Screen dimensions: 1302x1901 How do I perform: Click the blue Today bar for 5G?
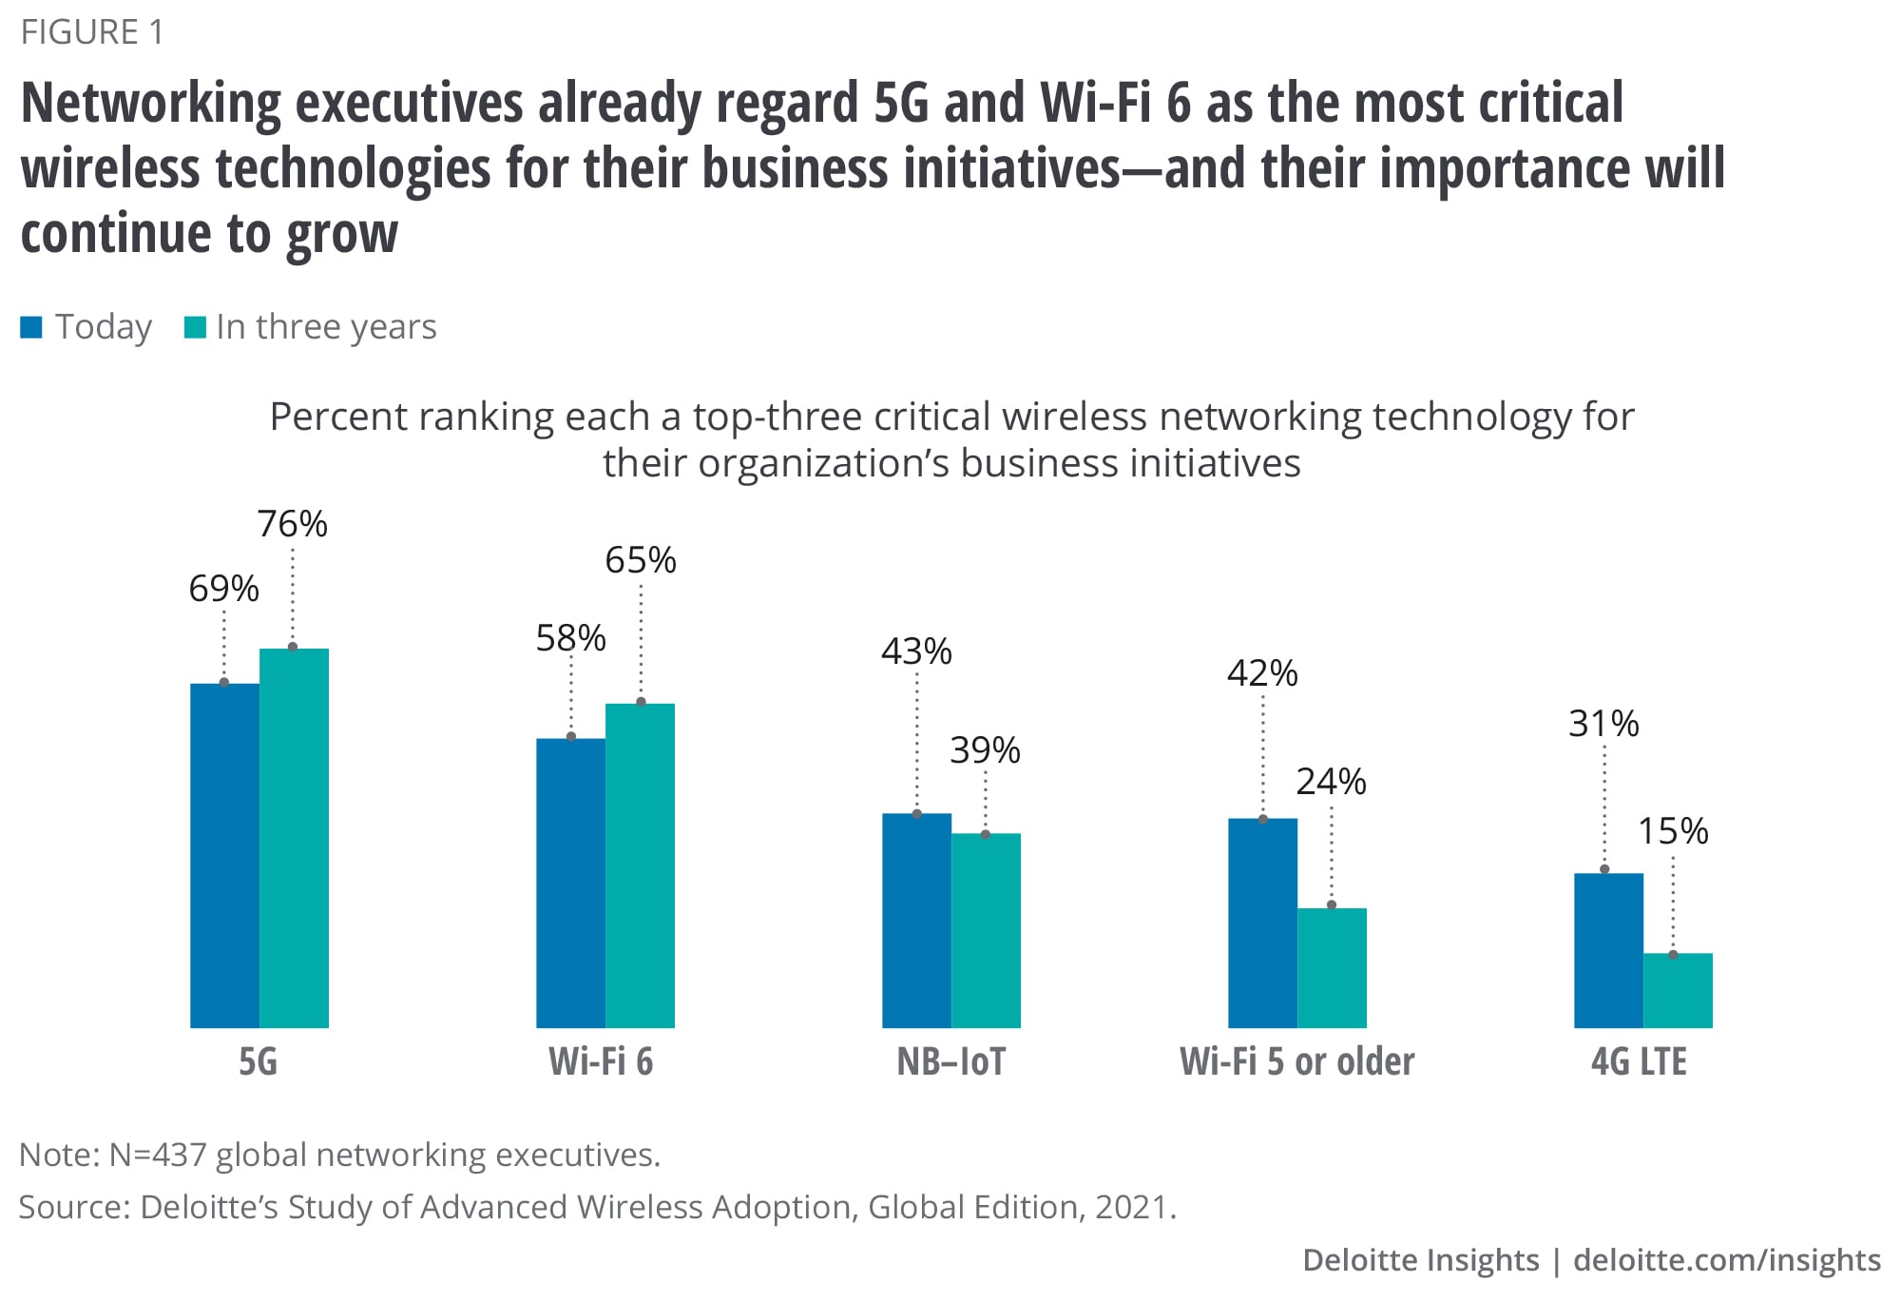[x=224, y=855]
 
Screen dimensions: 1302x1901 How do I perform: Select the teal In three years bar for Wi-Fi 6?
[x=640, y=865]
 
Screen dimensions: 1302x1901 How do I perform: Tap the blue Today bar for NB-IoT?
[x=916, y=920]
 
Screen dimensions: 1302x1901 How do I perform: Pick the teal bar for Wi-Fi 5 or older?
[x=1332, y=967]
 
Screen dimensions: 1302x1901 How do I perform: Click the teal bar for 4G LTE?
[x=1678, y=990]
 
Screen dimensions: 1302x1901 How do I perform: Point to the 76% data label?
[x=292, y=524]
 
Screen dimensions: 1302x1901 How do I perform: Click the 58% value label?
[x=570, y=638]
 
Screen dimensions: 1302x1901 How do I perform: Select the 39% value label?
[x=985, y=750]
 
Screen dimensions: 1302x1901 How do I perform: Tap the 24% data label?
[x=1331, y=782]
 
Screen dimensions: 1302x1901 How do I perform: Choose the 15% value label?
[x=1673, y=831]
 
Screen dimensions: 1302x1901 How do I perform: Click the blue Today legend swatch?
[x=31, y=327]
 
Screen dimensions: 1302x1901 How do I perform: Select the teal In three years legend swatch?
[x=195, y=327]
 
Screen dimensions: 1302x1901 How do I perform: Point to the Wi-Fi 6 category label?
[x=601, y=1061]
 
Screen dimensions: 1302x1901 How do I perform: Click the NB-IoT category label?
[x=950, y=1061]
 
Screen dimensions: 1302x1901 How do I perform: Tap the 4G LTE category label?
[x=1639, y=1061]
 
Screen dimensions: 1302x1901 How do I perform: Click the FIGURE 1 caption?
[x=92, y=32]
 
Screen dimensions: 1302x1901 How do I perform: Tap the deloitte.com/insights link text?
[x=1726, y=1260]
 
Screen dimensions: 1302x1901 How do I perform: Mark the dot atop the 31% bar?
[x=1604, y=869]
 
